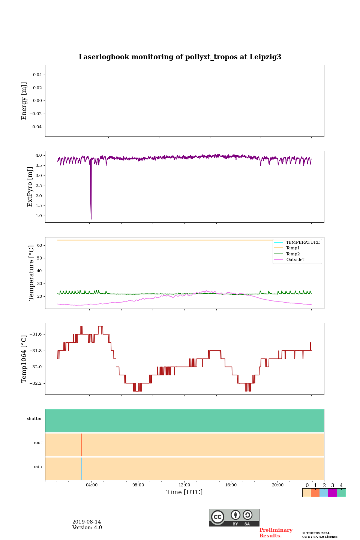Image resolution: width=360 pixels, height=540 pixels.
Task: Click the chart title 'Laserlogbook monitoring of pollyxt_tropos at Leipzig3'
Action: click(x=180, y=57)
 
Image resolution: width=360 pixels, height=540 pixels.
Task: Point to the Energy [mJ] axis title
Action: click(x=24, y=101)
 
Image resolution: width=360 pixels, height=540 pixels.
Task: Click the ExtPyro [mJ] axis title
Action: click(x=30, y=187)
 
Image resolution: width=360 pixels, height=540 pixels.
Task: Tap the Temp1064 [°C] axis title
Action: click(x=24, y=359)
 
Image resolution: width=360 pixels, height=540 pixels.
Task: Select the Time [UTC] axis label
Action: click(x=184, y=492)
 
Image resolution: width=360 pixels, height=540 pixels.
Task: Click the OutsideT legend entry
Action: click(x=295, y=259)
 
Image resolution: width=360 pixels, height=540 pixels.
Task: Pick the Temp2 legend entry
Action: click(x=293, y=254)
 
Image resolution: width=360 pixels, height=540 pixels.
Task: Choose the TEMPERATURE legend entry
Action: click(x=303, y=242)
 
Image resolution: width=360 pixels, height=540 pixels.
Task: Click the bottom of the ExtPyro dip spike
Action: click(x=91, y=218)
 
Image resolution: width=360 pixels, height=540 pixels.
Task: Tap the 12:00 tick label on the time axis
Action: click(x=184, y=485)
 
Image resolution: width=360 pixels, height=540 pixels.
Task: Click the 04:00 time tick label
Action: click(x=91, y=485)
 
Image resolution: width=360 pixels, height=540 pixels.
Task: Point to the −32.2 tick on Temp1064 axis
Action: click(x=34, y=383)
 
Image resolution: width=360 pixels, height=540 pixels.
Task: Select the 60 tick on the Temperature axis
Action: click(x=39, y=245)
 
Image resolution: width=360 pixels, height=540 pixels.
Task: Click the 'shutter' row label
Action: click(x=34, y=419)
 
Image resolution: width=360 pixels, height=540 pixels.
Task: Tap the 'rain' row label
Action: click(x=38, y=467)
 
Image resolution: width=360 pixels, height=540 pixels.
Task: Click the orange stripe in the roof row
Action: click(x=81, y=445)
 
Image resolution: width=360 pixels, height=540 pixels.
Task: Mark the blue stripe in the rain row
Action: click(x=81, y=469)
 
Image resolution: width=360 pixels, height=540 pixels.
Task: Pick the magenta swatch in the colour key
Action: click(x=332, y=493)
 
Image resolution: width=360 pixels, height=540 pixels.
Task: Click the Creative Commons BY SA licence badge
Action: click(x=234, y=517)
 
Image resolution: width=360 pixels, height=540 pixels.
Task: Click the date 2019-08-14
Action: click(x=87, y=522)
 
